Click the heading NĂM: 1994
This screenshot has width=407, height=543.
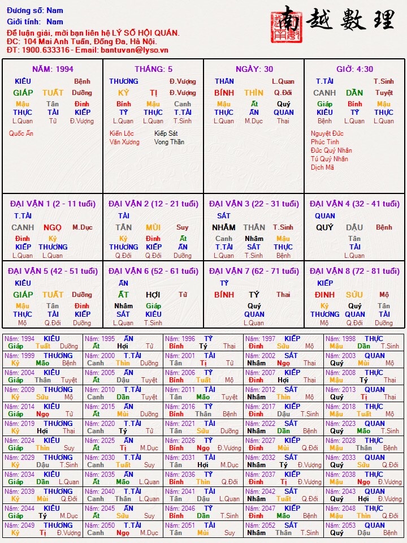tap(53, 69)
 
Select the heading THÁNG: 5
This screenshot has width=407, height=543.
tap(154, 69)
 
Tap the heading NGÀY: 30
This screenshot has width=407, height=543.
tap(254, 69)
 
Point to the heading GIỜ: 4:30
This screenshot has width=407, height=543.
tap(354, 69)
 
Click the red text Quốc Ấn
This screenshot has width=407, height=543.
tap(21, 133)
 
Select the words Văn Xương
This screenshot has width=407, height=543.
tap(124, 142)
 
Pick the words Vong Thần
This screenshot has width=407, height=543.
tap(169, 142)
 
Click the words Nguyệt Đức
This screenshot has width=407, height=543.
tap(327, 133)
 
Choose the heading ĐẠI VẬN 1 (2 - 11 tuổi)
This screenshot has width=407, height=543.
tap(53, 204)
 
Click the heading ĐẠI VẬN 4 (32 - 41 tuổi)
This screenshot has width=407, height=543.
tap(354, 204)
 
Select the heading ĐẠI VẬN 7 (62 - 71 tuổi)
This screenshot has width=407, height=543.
tap(254, 271)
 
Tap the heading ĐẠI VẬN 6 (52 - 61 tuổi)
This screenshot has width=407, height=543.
tap(153, 271)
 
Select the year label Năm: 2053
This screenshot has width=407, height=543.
tap(341, 525)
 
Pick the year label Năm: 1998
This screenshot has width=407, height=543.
tap(341, 339)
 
